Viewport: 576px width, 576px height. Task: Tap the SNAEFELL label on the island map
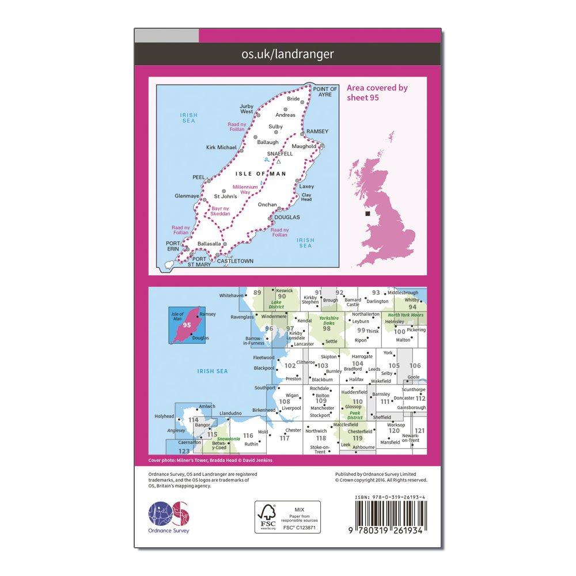tap(281, 154)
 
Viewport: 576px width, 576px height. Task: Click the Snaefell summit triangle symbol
tap(279, 162)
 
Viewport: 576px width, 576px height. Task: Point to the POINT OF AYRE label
tap(325, 91)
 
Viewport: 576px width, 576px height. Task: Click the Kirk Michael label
tap(221, 147)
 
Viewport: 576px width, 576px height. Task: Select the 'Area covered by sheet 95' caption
tap(377, 93)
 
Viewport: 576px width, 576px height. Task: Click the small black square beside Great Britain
tap(367, 214)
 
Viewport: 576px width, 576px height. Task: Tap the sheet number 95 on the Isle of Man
tap(186, 325)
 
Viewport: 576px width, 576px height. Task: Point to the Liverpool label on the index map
tap(292, 408)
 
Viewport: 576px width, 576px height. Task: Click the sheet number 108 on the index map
tap(285, 402)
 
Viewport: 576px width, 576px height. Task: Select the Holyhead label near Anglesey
tap(164, 416)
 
